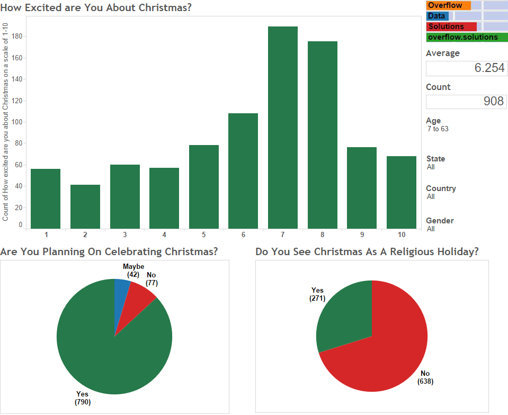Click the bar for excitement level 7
282,128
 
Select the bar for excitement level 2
85,206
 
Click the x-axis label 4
164,234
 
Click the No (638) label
425,377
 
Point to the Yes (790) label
83,398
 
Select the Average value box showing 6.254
466,68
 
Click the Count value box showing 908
466,102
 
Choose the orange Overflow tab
448,5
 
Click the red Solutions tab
451,26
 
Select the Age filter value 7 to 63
438,129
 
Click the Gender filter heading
440,221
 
